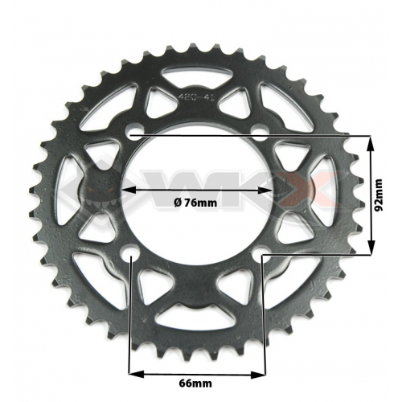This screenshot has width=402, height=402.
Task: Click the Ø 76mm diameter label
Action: tap(196, 203)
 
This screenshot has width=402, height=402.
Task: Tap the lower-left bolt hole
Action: tap(132, 258)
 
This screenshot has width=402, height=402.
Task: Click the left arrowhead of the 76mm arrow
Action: tap(126, 191)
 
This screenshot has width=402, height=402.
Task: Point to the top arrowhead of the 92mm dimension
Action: tap(371, 142)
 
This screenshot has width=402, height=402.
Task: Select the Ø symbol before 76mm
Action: tap(177, 203)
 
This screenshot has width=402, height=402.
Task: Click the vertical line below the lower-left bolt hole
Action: tap(132, 322)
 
